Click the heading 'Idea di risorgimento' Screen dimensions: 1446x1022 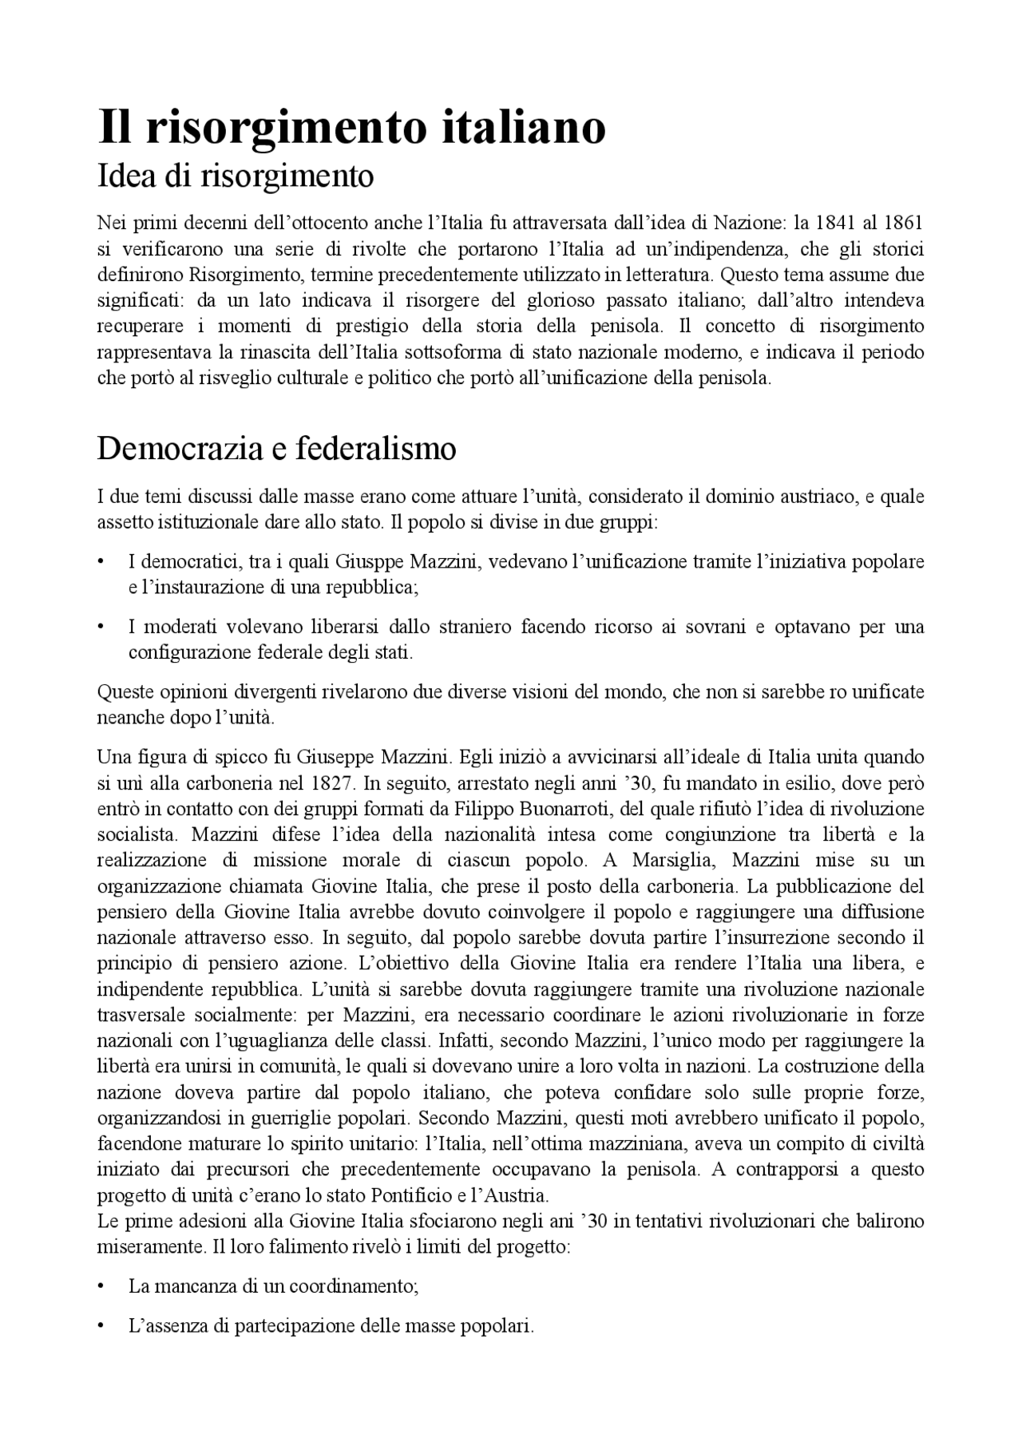[235, 176]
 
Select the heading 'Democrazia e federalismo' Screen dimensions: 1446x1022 [276, 449]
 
